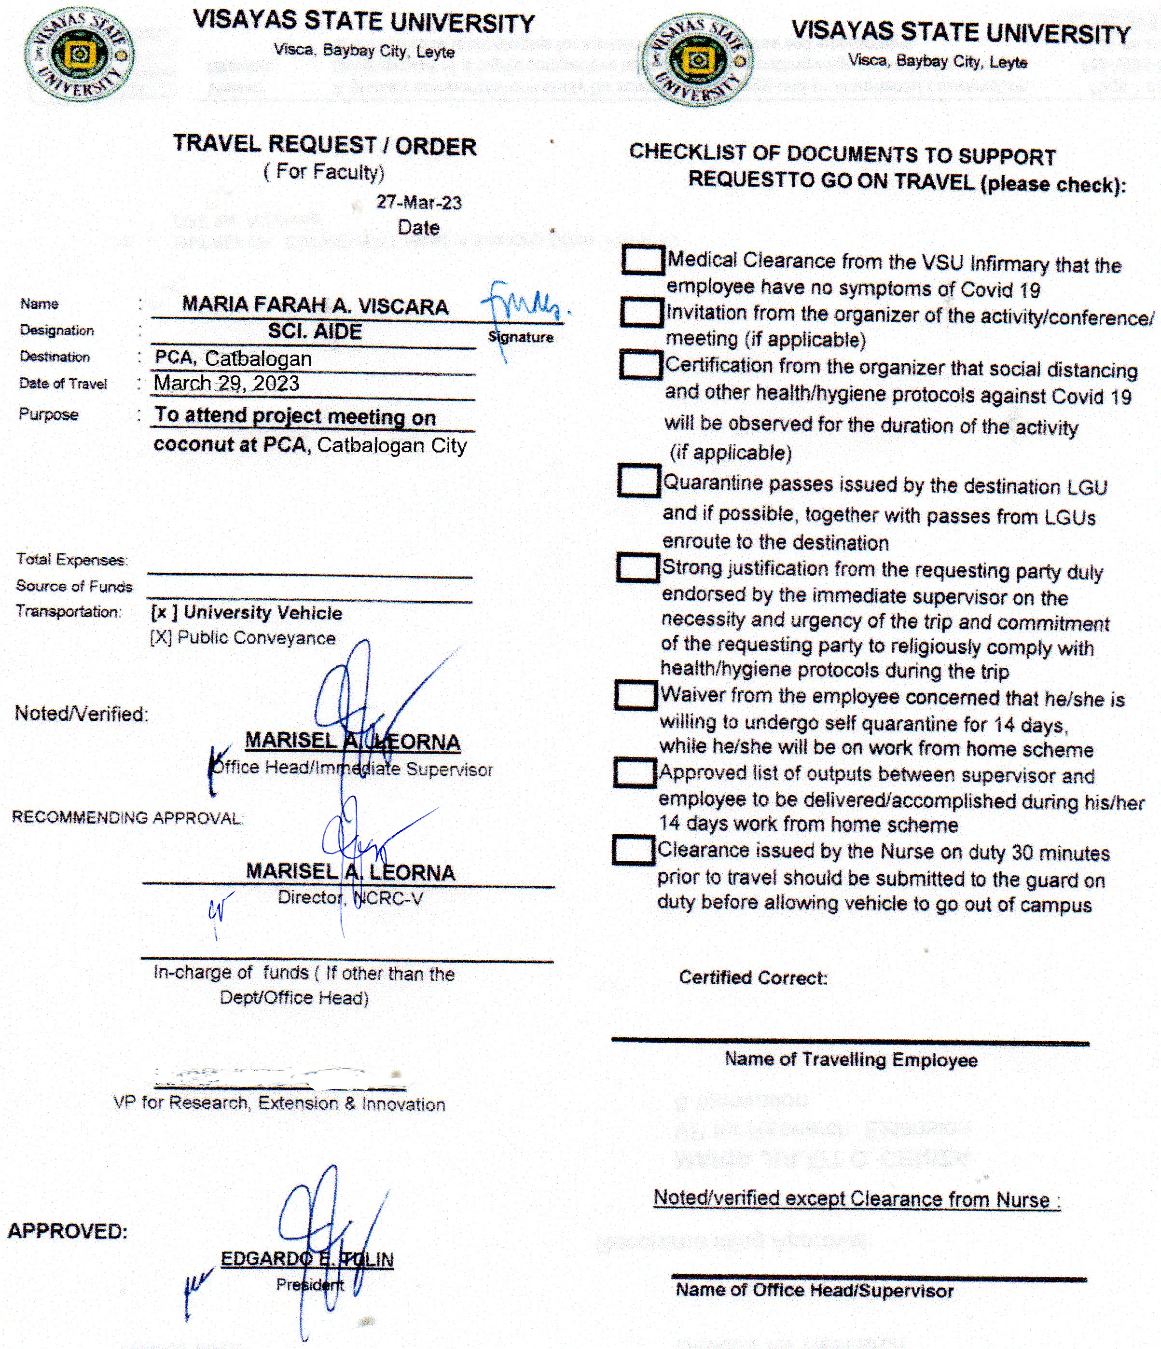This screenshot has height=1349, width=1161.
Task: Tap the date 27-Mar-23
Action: coord(419,203)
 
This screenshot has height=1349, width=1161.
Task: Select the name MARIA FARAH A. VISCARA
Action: coord(315,305)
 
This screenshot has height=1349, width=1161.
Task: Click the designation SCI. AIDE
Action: coord(315,331)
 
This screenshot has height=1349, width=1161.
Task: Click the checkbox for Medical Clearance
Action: coord(643,259)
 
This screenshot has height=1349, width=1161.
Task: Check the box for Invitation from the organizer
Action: coord(641,313)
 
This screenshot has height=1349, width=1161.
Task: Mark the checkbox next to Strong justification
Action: coord(637,567)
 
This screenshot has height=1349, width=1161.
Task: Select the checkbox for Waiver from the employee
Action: coord(636,695)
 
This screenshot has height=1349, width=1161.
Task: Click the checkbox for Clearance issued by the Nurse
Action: coord(633,850)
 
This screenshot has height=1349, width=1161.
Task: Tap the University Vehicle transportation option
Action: coord(246,613)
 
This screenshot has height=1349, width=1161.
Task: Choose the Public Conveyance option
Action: coord(243,638)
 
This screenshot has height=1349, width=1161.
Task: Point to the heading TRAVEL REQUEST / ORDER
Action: coord(324,145)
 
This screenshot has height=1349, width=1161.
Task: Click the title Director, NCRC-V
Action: coord(350,898)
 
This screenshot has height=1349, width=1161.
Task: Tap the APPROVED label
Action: coord(67,1231)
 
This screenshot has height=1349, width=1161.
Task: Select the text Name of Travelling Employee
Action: coord(850,1060)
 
